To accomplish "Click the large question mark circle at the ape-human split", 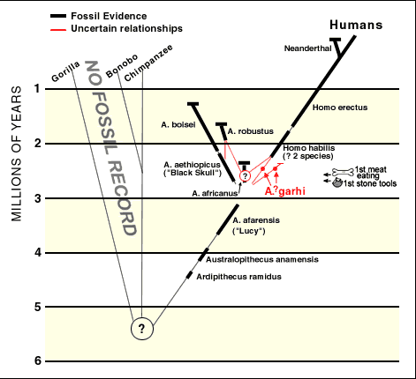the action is pyautogui.click(x=142, y=329).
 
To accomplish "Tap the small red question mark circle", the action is pyautogui.click(x=245, y=176).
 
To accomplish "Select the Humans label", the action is pyautogui.click(x=356, y=25).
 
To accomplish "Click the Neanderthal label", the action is pyautogui.click(x=307, y=48).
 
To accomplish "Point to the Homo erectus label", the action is pyautogui.click(x=340, y=108).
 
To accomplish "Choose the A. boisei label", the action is pyautogui.click(x=178, y=125).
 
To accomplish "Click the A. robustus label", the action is pyautogui.click(x=251, y=131).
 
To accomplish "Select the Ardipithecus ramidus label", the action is pyautogui.click(x=238, y=277).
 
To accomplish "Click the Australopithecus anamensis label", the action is pyautogui.click(x=262, y=260).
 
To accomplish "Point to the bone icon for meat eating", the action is pyautogui.click(x=343, y=172).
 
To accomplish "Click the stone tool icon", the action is pyautogui.click(x=337, y=183).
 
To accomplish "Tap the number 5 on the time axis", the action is pyautogui.click(x=38, y=308).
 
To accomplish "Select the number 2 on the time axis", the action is pyautogui.click(x=38, y=144).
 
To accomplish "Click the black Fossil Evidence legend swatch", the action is pyautogui.click(x=58, y=16).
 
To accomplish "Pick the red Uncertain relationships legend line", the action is pyautogui.click(x=58, y=29).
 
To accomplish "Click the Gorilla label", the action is pyautogui.click(x=65, y=71).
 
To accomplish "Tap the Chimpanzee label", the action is pyautogui.click(x=148, y=63).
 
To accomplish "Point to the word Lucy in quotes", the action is pyautogui.click(x=249, y=231).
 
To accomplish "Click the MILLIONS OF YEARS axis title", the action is pyautogui.click(x=17, y=153).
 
